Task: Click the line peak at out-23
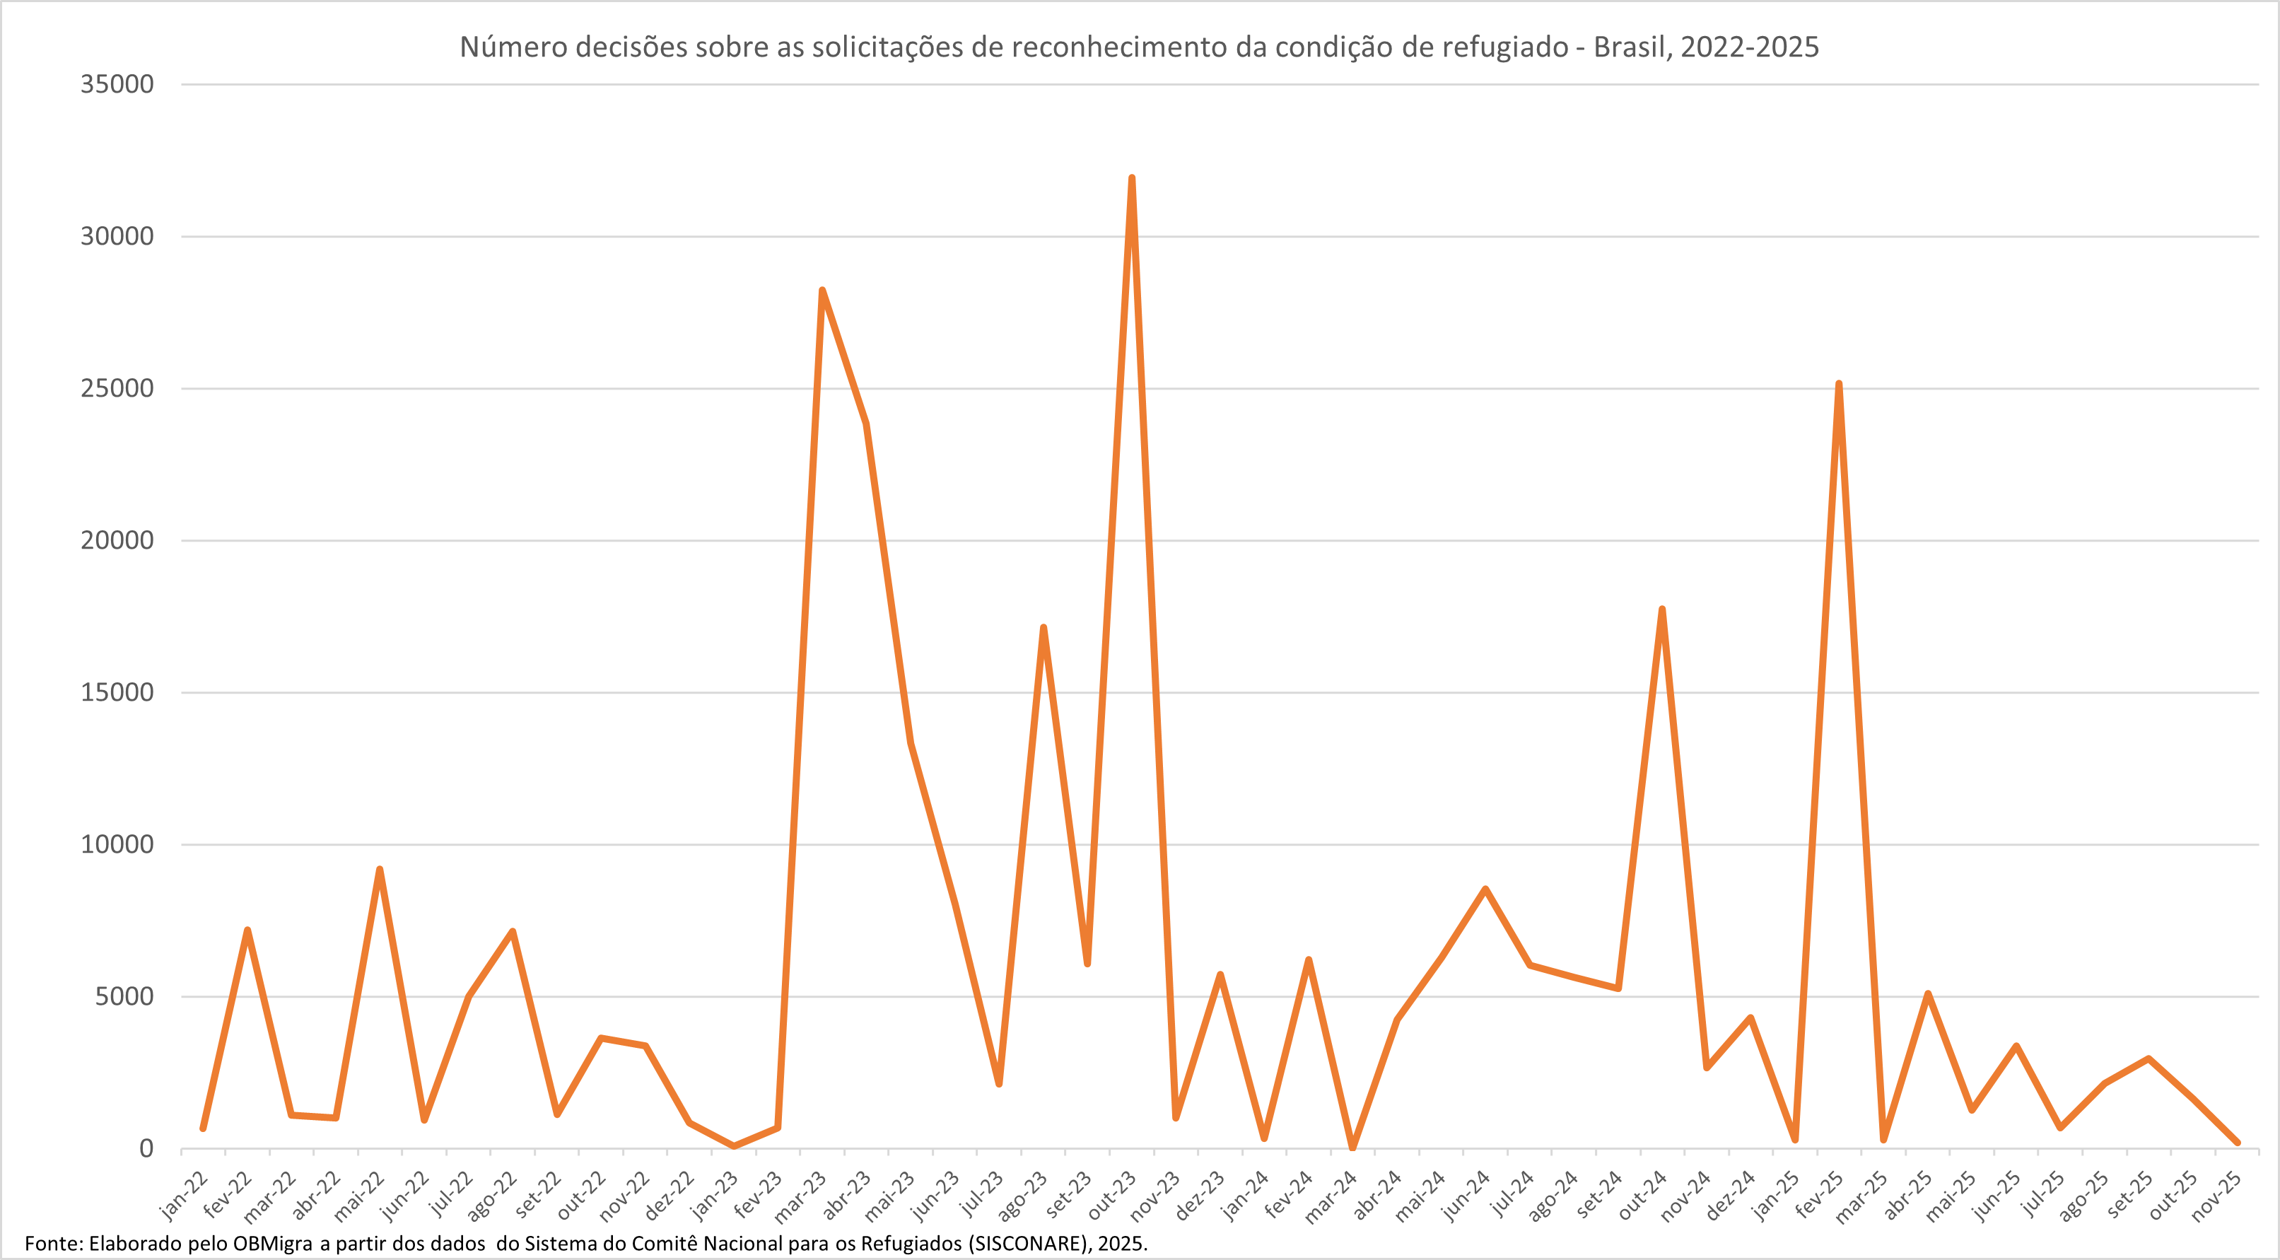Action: (1132, 178)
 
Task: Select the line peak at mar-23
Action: (822, 291)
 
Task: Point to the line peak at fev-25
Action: (1840, 383)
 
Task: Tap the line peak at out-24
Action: (1662, 609)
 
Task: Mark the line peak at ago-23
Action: (1043, 628)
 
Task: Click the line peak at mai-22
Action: (380, 870)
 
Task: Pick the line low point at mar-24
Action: (1352, 1148)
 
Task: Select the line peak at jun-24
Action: (1485, 889)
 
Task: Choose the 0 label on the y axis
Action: (146, 1148)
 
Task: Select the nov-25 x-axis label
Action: (2218, 1196)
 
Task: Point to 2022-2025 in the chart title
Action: (1749, 47)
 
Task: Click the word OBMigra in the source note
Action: (273, 1243)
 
